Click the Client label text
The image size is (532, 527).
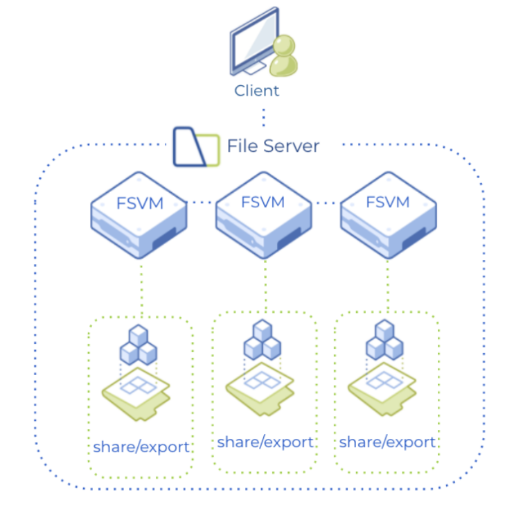[256, 90]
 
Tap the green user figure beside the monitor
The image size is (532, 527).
[283, 57]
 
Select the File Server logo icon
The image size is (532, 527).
[195, 146]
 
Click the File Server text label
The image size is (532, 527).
[273, 146]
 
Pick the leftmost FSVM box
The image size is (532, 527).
[139, 215]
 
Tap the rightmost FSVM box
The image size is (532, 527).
[388, 215]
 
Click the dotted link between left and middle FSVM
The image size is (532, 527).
[202, 202]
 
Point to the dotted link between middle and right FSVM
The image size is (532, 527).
[326, 202]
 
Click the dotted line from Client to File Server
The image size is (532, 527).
[264, 116]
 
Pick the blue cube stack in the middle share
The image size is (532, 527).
[263, 340]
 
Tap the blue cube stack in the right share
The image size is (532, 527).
[384, 340]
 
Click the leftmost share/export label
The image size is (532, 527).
[141, 447]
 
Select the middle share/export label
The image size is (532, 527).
[265, 442]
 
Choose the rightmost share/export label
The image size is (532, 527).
[387, 442]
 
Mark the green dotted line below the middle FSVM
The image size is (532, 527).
[265, 284]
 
